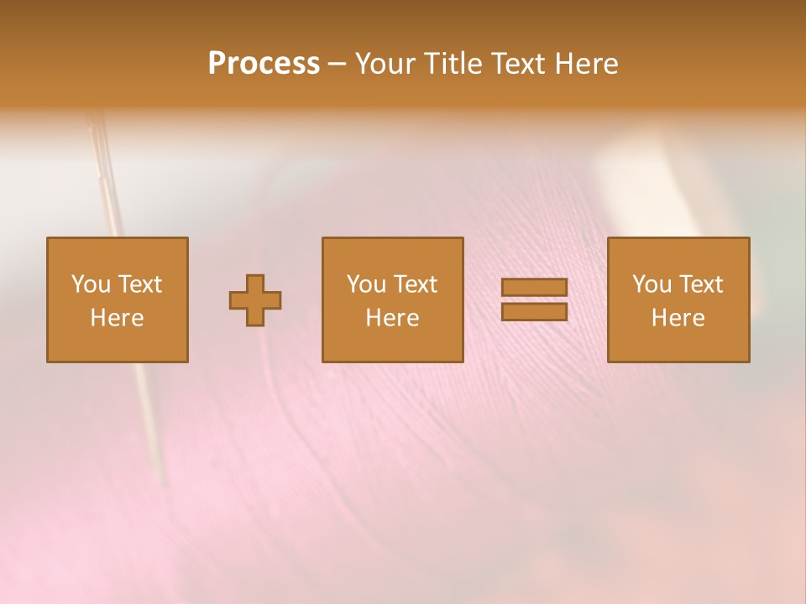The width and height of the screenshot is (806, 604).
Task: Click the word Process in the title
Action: coord(264,64)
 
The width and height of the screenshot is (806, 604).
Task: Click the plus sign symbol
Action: coord(255,300)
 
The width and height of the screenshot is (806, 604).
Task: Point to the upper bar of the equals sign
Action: coord(534,288)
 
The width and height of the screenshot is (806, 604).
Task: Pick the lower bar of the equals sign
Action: coord(534,312)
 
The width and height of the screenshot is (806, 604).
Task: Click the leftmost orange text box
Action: coord(118,299)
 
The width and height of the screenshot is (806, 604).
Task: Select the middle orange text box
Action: coord(393,299)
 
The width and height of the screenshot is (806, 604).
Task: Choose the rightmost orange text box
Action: coord(678,299)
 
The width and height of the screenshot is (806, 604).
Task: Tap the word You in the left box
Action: coord(91,284)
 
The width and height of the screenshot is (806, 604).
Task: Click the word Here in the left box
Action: coord(118,318)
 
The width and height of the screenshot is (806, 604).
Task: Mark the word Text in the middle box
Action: coord(415,284)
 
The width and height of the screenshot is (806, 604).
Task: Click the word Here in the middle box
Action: coord(393,318)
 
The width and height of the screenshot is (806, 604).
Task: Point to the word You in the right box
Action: coord(652,284)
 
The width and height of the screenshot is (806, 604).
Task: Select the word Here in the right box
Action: coord(678,318)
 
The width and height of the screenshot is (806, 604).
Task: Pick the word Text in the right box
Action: coord(700,284)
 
